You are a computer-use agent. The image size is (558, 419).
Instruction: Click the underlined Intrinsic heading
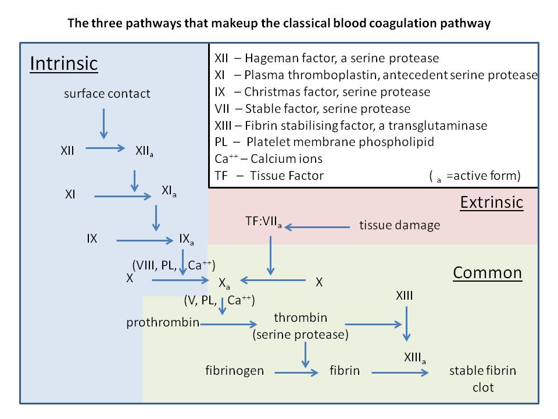[64, 64]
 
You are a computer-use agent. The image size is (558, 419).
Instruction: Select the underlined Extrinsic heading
[492, 203]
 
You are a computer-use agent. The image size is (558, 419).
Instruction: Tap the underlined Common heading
[488, 273]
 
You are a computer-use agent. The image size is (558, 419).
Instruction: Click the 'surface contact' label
[107, 94]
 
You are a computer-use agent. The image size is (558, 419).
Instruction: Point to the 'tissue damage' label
[400, 225]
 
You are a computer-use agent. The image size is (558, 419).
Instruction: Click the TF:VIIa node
[263, 222]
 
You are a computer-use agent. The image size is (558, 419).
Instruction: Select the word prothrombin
[163, 322]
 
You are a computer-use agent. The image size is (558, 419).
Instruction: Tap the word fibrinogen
[234, 371]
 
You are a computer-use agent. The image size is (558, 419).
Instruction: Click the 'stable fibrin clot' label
[482, 379]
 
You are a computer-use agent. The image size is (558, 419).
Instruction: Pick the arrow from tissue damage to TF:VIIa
[317, 227]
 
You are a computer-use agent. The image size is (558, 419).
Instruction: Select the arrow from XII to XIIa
[105, 148]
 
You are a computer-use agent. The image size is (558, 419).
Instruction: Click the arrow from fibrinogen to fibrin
[296, 372]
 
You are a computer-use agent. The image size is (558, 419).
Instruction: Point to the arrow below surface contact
[103, 123]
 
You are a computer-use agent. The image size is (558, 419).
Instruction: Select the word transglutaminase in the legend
[438, 126]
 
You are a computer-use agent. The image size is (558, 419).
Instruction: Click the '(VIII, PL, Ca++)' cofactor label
[174, 265]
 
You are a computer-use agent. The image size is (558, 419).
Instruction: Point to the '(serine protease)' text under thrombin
[301, 335]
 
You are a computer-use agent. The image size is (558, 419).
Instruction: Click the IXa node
[187, 239]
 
